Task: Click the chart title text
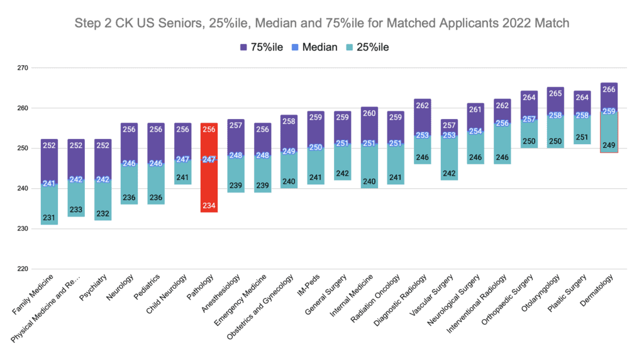[322, 24]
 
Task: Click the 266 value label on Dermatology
[609, 90]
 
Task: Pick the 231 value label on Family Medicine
[50, 218]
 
